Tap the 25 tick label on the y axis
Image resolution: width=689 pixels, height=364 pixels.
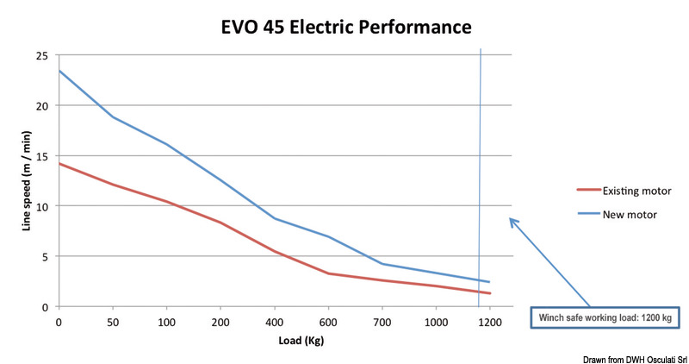[40, 56]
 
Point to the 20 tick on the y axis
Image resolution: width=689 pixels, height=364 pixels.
[40, 106]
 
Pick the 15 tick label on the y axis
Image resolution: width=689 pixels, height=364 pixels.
[40, 156]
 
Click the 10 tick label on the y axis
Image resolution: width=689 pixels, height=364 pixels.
[40, 206]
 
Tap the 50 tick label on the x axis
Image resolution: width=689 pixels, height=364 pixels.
[113, 322]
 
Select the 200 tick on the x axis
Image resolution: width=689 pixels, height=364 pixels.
[220, 322]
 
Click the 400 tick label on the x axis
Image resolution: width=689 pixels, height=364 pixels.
[275, 322]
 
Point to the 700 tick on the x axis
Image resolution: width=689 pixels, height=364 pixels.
[382, 322]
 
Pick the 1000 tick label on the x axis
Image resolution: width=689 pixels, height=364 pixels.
[436, 322]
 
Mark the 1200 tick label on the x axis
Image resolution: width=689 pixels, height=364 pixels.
[489, 322]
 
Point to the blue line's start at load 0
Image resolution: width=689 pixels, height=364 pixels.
[59, 71]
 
